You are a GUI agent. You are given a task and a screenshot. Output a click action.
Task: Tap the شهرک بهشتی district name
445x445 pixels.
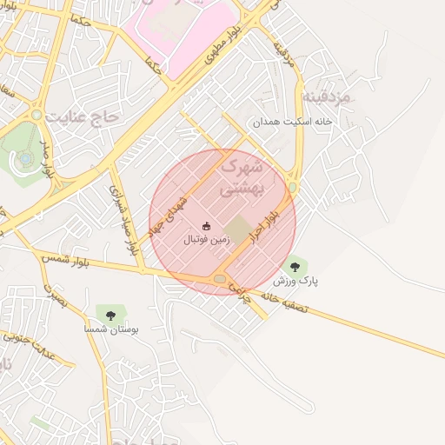point(244,176)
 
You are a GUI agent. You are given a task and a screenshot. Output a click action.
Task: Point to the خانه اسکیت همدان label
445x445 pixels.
point(293,123)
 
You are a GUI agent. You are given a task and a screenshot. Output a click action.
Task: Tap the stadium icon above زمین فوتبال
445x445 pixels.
point(206,225)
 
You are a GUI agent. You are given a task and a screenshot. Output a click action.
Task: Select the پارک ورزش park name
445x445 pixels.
point(296,281)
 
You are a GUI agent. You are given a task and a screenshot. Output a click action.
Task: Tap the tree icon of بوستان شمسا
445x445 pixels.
point(110,314)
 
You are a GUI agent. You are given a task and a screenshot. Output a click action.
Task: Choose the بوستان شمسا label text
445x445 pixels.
point(110,330)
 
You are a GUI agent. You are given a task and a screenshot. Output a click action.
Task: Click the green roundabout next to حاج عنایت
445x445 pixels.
point(37,115)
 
